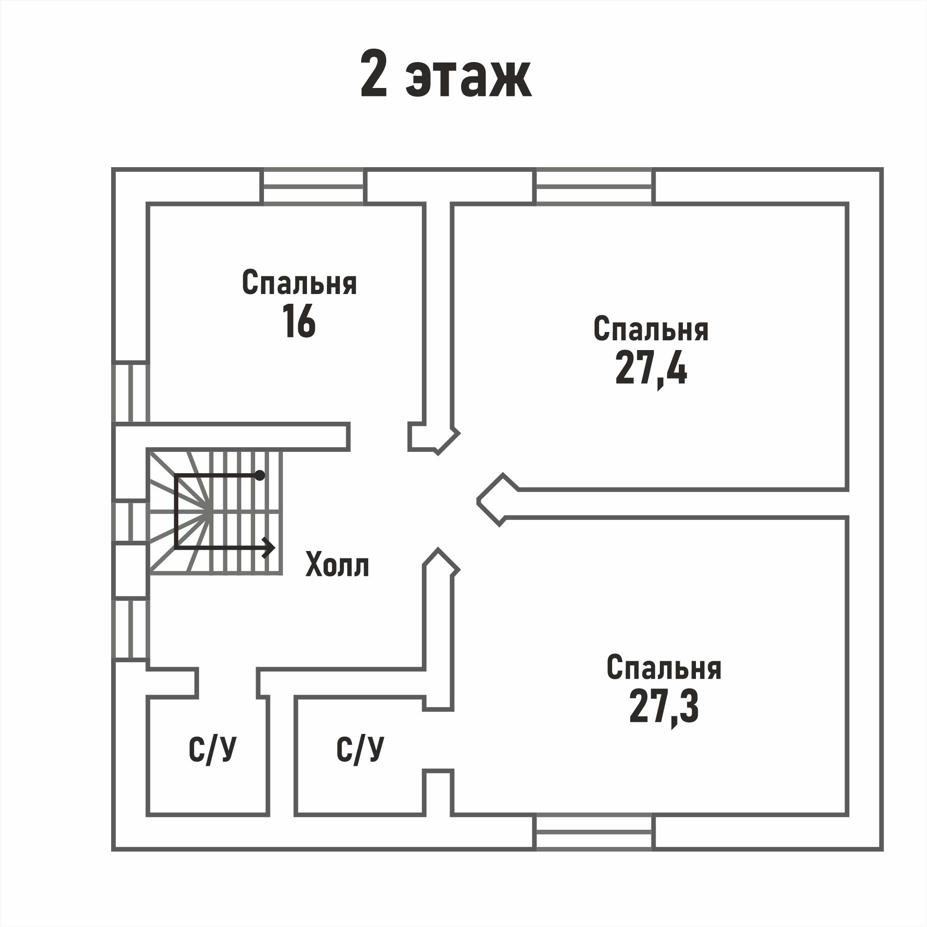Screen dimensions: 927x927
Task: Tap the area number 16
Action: pos(299,321)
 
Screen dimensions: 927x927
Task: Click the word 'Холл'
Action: pos(337,565)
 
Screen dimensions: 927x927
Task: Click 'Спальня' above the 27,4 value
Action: pos(651,329)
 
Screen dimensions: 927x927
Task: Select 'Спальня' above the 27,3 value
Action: pos(664,667)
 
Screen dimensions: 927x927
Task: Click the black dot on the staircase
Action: pos(260,476)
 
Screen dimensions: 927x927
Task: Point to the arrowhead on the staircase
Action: pos(269,547)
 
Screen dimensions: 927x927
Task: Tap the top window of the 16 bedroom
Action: pos(313,187)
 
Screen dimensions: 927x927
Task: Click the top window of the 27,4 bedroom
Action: pos(594,187)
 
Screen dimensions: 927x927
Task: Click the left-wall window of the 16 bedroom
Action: pos(131,393)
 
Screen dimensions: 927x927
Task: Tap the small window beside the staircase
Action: pos(131,521)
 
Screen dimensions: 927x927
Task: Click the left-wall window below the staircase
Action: pos(131,630)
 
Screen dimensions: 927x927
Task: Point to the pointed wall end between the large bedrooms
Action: pos(478,501)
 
